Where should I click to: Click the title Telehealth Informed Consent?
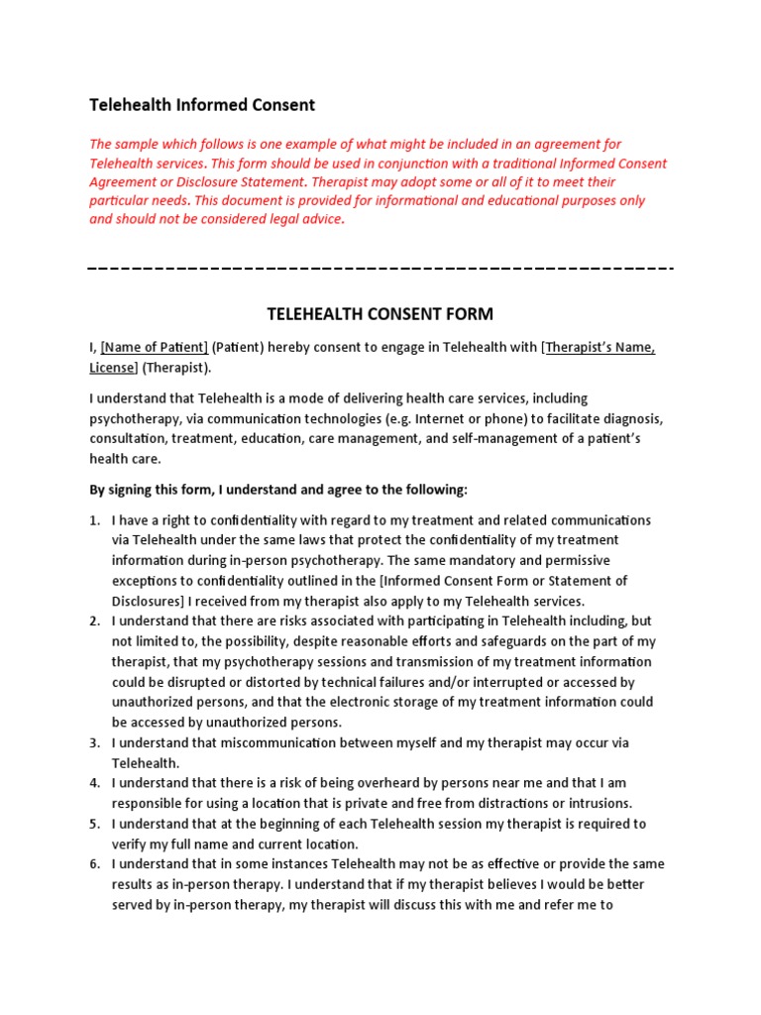click(x=202, y=104)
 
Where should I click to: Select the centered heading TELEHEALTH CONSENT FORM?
click(x=380, y=314)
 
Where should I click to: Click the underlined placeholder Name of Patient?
click(x=155, y=347)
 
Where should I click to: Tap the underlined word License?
click(x=112, y=368)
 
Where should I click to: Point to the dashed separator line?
click(x=380, y=268)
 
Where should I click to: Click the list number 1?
click(x=94, y=520)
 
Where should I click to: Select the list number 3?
click(x=94, y=742)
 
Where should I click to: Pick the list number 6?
click(x=94, y=864)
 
